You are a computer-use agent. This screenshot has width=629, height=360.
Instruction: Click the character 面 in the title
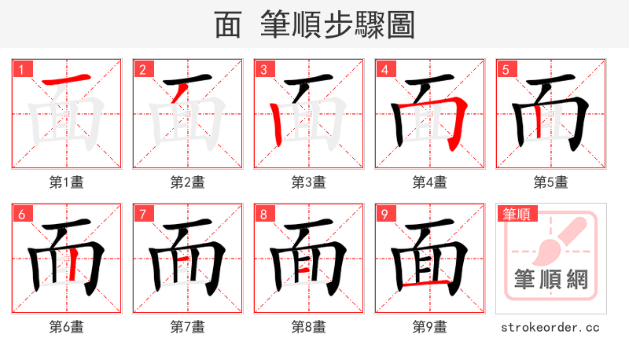[x=228, y=25]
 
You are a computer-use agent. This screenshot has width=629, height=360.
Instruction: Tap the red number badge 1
[x=21, y=69]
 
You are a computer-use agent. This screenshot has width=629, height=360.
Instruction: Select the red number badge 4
[x=384, y=69]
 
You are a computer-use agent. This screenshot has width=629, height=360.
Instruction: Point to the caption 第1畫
[x=66, y=182]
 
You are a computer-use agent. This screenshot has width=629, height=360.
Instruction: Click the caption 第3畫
[x=308, y=182]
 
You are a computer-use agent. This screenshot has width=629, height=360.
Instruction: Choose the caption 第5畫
[x=550, y=182]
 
